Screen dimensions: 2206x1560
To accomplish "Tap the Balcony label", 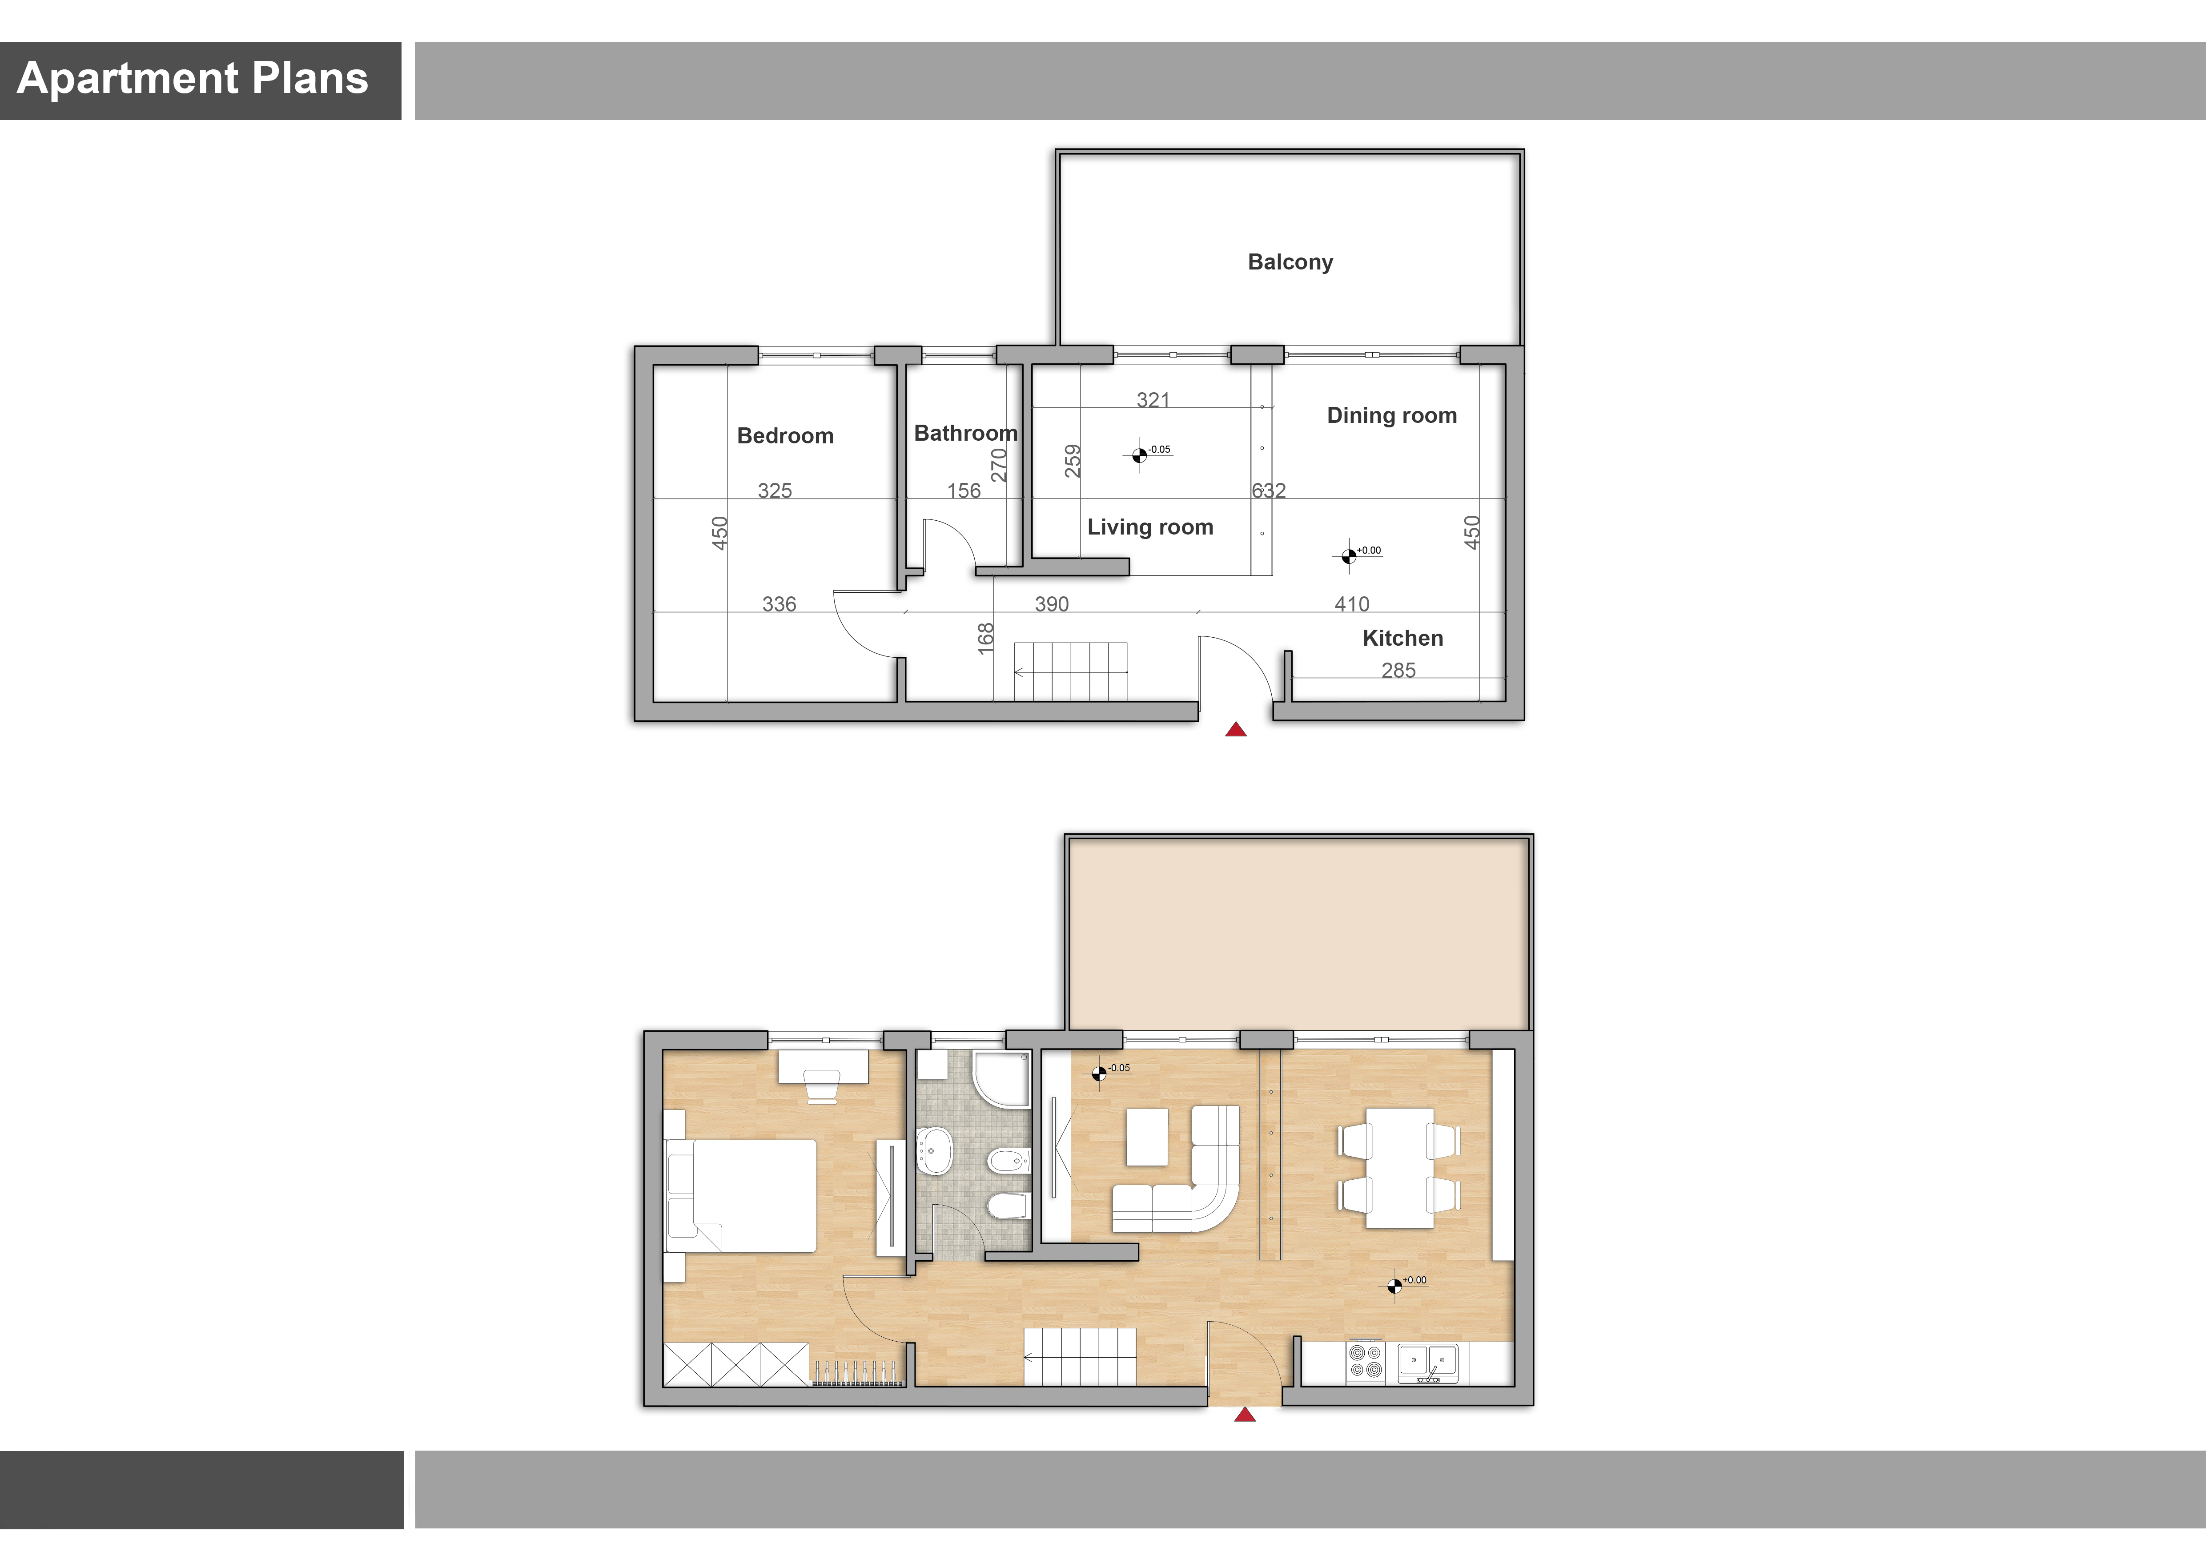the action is point(1290,262).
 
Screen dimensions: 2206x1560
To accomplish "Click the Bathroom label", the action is point(966,433).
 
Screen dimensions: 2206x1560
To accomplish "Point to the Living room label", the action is point(1150,527).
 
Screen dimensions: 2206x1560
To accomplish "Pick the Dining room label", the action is point(1391,416).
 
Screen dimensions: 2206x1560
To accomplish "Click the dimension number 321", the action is point(1153,400).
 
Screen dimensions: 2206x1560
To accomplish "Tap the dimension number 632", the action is point(1268,491).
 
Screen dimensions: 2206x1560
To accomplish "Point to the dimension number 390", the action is point(1051,604).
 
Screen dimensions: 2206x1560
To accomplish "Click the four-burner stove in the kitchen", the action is point(1365,1361).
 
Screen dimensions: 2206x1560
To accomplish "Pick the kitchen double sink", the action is point(1428,1362).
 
